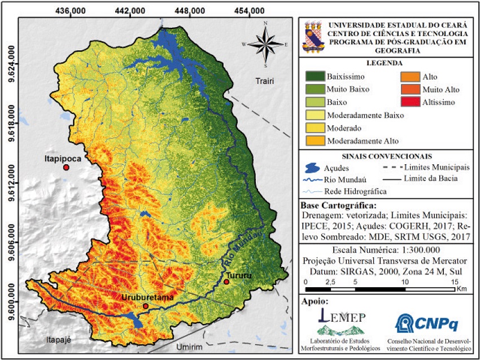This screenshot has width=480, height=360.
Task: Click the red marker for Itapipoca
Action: [66, 168]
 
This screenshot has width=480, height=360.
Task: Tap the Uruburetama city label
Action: [146, 297]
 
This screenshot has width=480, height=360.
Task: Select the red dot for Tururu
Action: [226, 282]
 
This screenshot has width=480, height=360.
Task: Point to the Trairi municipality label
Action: [264, 81]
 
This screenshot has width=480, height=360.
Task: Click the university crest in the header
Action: [314, 36]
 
